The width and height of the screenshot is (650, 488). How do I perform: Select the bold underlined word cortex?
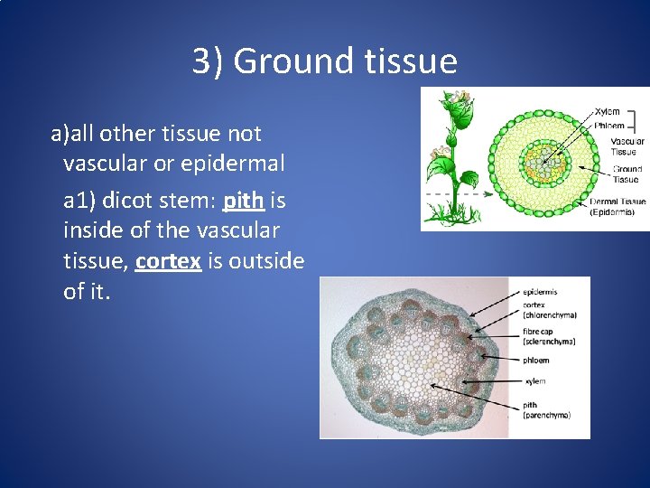pos(168,262)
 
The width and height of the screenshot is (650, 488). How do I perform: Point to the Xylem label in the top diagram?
pos(607,111)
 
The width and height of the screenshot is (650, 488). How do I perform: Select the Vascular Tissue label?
pos(627,146)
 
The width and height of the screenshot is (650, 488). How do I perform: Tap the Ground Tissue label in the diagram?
pos(627,174)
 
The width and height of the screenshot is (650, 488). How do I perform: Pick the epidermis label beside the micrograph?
pos(540,292)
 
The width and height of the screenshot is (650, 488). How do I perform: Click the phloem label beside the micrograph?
pos(536,361)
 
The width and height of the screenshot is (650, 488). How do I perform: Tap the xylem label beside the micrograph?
pos(534,380)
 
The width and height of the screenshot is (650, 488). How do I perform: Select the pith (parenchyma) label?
pos(546,410)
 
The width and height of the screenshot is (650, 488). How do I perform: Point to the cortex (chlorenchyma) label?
pos(549,310)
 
